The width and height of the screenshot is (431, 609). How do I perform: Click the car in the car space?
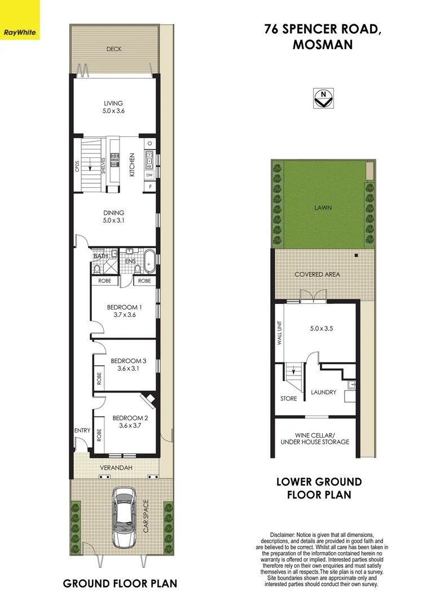pos(124,518)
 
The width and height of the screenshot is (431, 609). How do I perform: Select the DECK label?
pos(114,49)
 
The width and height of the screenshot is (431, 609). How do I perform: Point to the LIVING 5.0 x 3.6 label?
pos(113,107)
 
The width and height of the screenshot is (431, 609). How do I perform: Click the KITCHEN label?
pos(133,165)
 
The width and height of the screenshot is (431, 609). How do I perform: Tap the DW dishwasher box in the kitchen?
pos(149,175)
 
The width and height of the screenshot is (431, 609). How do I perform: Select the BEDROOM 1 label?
pos(125,311)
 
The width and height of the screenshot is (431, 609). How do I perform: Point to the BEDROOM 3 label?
pos(125,365)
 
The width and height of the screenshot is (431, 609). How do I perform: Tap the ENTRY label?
pos(82,431)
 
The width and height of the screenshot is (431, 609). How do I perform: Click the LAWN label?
pos(323,208)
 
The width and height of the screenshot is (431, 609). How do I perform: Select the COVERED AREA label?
pos(317,274)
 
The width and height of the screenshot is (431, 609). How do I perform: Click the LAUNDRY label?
pos(323,392)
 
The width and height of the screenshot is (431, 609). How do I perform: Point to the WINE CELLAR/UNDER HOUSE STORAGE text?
pos(315,438)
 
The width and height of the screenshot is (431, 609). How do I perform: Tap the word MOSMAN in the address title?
pos(322,45)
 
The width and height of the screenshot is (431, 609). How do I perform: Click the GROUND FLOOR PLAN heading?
pos(120,583)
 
